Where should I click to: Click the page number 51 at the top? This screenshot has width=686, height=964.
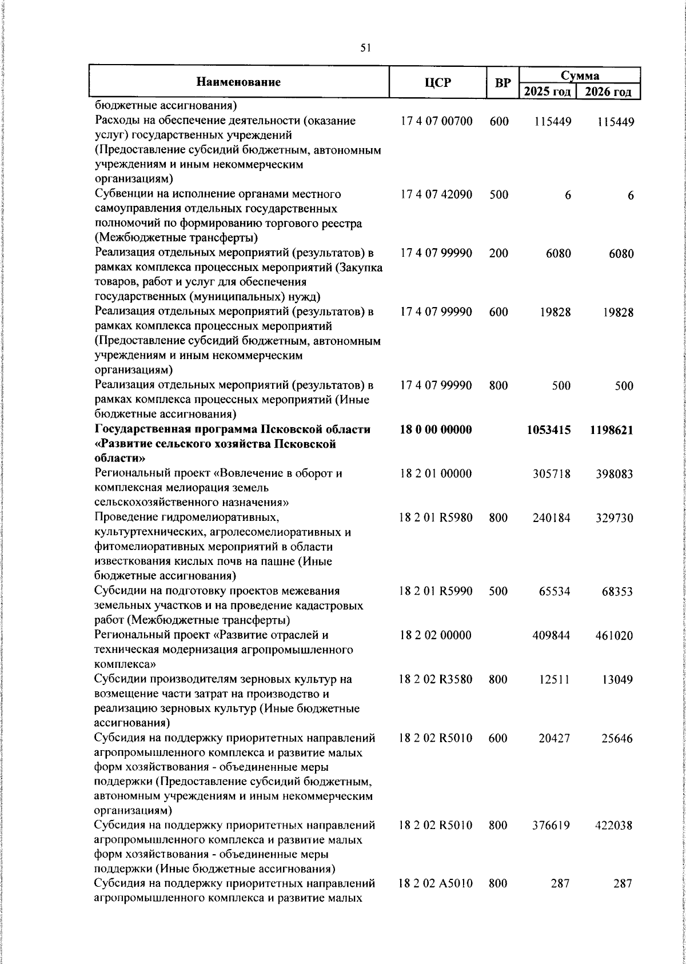pyautogui.click(x=366, y=49)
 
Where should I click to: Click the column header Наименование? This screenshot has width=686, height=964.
pyautogui.click(x=238, y=82)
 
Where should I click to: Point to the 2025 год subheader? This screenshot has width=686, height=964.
pyautogui.click(x=547, y=92)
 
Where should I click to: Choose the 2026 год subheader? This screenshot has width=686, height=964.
pyautogui.click(x=608, y=92)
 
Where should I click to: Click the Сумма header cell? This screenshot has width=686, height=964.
pyautogui.click(x=579, y=75)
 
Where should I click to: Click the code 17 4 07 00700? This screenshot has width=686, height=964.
pyautogui.click(x=436, y=121)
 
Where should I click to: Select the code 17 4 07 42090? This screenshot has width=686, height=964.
pyautogui.click(x=436, y=194)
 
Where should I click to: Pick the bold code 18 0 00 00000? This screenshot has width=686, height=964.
pyautogui.click(x=436, y=429)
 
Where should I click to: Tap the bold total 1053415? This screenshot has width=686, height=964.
pyautogui.click(x=548, y=430)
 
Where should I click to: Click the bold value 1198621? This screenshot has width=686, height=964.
pyautogui.click(x=611, y=430)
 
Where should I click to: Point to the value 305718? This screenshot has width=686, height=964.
pyautogui.click(x=551, y=474)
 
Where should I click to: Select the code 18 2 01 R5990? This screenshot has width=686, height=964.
pyautogui.click(x=436, y=591)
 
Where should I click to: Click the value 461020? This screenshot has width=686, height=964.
pyautogui.click(x=614, y=636)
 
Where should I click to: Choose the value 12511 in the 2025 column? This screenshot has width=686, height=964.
pyautogui.click(x=555, y=680)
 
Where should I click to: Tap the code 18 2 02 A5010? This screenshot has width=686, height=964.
pyautogui.click(x=436, y=899)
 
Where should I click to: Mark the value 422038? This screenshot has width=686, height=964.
pyautogui.click(x=614, y=826)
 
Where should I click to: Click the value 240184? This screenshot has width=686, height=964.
pyautogui.click(x=551, y=518)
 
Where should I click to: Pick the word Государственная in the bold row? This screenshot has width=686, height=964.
pyautogui.click(x=139, y=429)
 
